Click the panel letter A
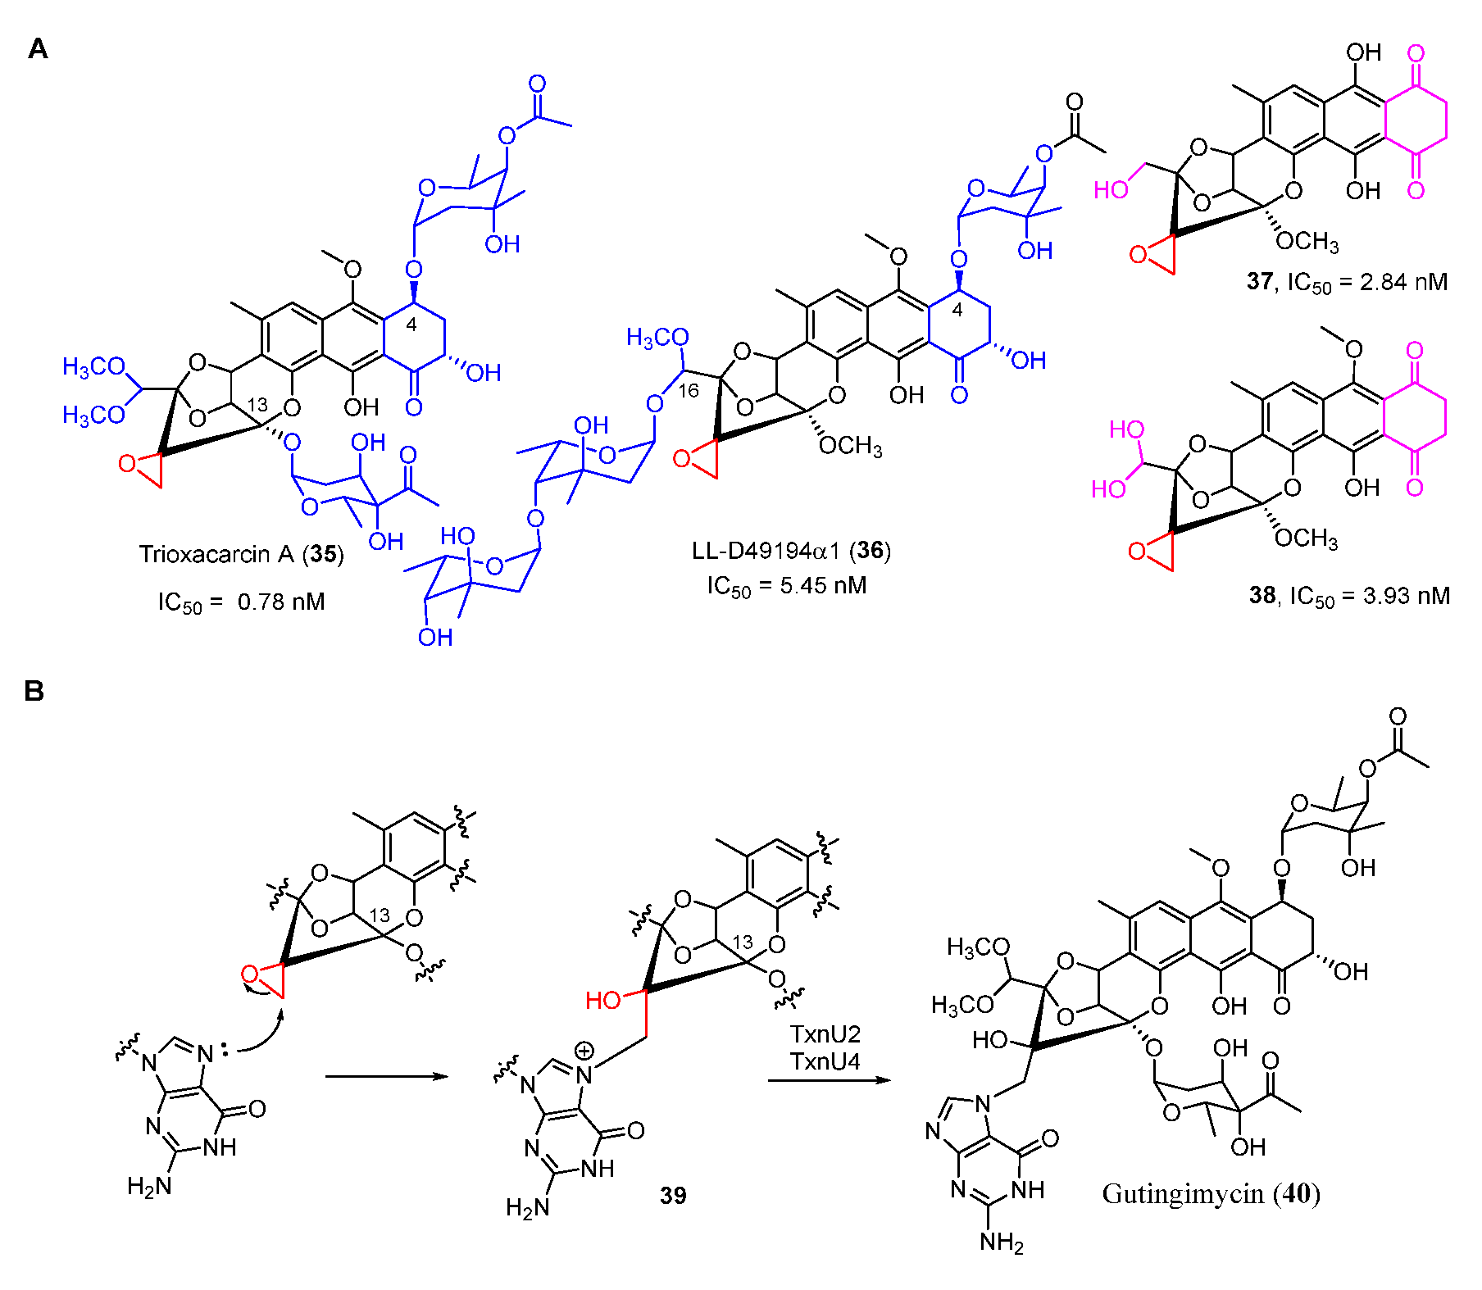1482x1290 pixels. pos(38,49)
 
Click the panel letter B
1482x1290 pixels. pos(34,691)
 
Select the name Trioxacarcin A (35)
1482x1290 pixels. pos(241,555)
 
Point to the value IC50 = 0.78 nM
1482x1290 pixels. pos(241,602)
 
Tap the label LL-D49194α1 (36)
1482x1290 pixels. pos(790,550)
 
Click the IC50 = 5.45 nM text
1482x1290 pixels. pos(786,586)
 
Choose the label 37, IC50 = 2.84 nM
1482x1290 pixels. pos(1347,282)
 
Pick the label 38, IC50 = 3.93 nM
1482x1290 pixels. pos(1348,596)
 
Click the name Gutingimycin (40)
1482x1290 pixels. pos(1211,1194)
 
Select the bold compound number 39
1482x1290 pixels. pos(673,1196)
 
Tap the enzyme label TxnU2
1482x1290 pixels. pos(825,1034)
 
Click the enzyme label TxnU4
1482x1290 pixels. pos(825,1062)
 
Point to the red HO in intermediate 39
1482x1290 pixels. pos(602,1000)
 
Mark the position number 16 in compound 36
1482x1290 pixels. pos(689,391)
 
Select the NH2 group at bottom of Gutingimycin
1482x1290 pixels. pos(1002,1242)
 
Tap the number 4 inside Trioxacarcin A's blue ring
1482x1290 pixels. pos(411,325)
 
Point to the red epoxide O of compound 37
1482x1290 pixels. pos(1138,255)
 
